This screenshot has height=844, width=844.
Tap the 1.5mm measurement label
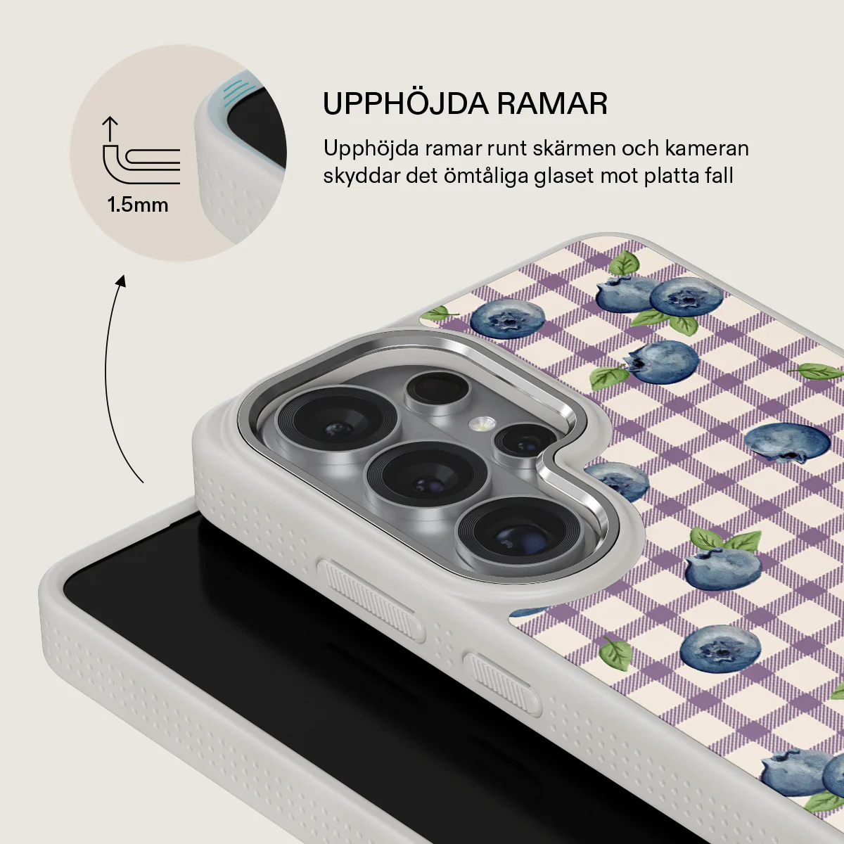[138, 205]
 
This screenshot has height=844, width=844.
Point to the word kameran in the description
[707, 148]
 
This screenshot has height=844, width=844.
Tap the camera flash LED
[482, 423]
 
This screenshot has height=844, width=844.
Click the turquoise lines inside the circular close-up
[232, 94]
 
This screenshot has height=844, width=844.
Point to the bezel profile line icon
[141, 165]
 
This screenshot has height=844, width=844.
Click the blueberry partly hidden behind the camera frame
[618, 481]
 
